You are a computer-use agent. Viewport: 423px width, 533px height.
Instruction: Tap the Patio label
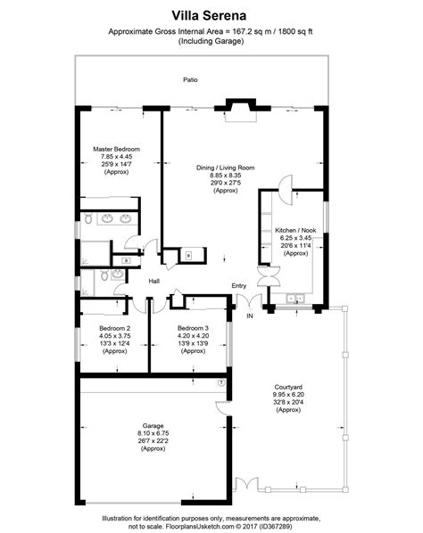tap(190, 80)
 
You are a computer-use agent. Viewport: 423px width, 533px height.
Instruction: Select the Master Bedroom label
tap(116, 149)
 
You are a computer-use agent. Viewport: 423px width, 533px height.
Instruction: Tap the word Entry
tap(238, 285)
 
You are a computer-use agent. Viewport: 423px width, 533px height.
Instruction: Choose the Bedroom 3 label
tap(192, 328)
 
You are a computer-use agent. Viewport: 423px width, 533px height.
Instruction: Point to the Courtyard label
tap(291, 385)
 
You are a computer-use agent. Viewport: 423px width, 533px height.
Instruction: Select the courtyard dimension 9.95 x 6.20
tap(291, 393)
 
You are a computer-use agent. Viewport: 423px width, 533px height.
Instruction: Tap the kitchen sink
tap(295, 297)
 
